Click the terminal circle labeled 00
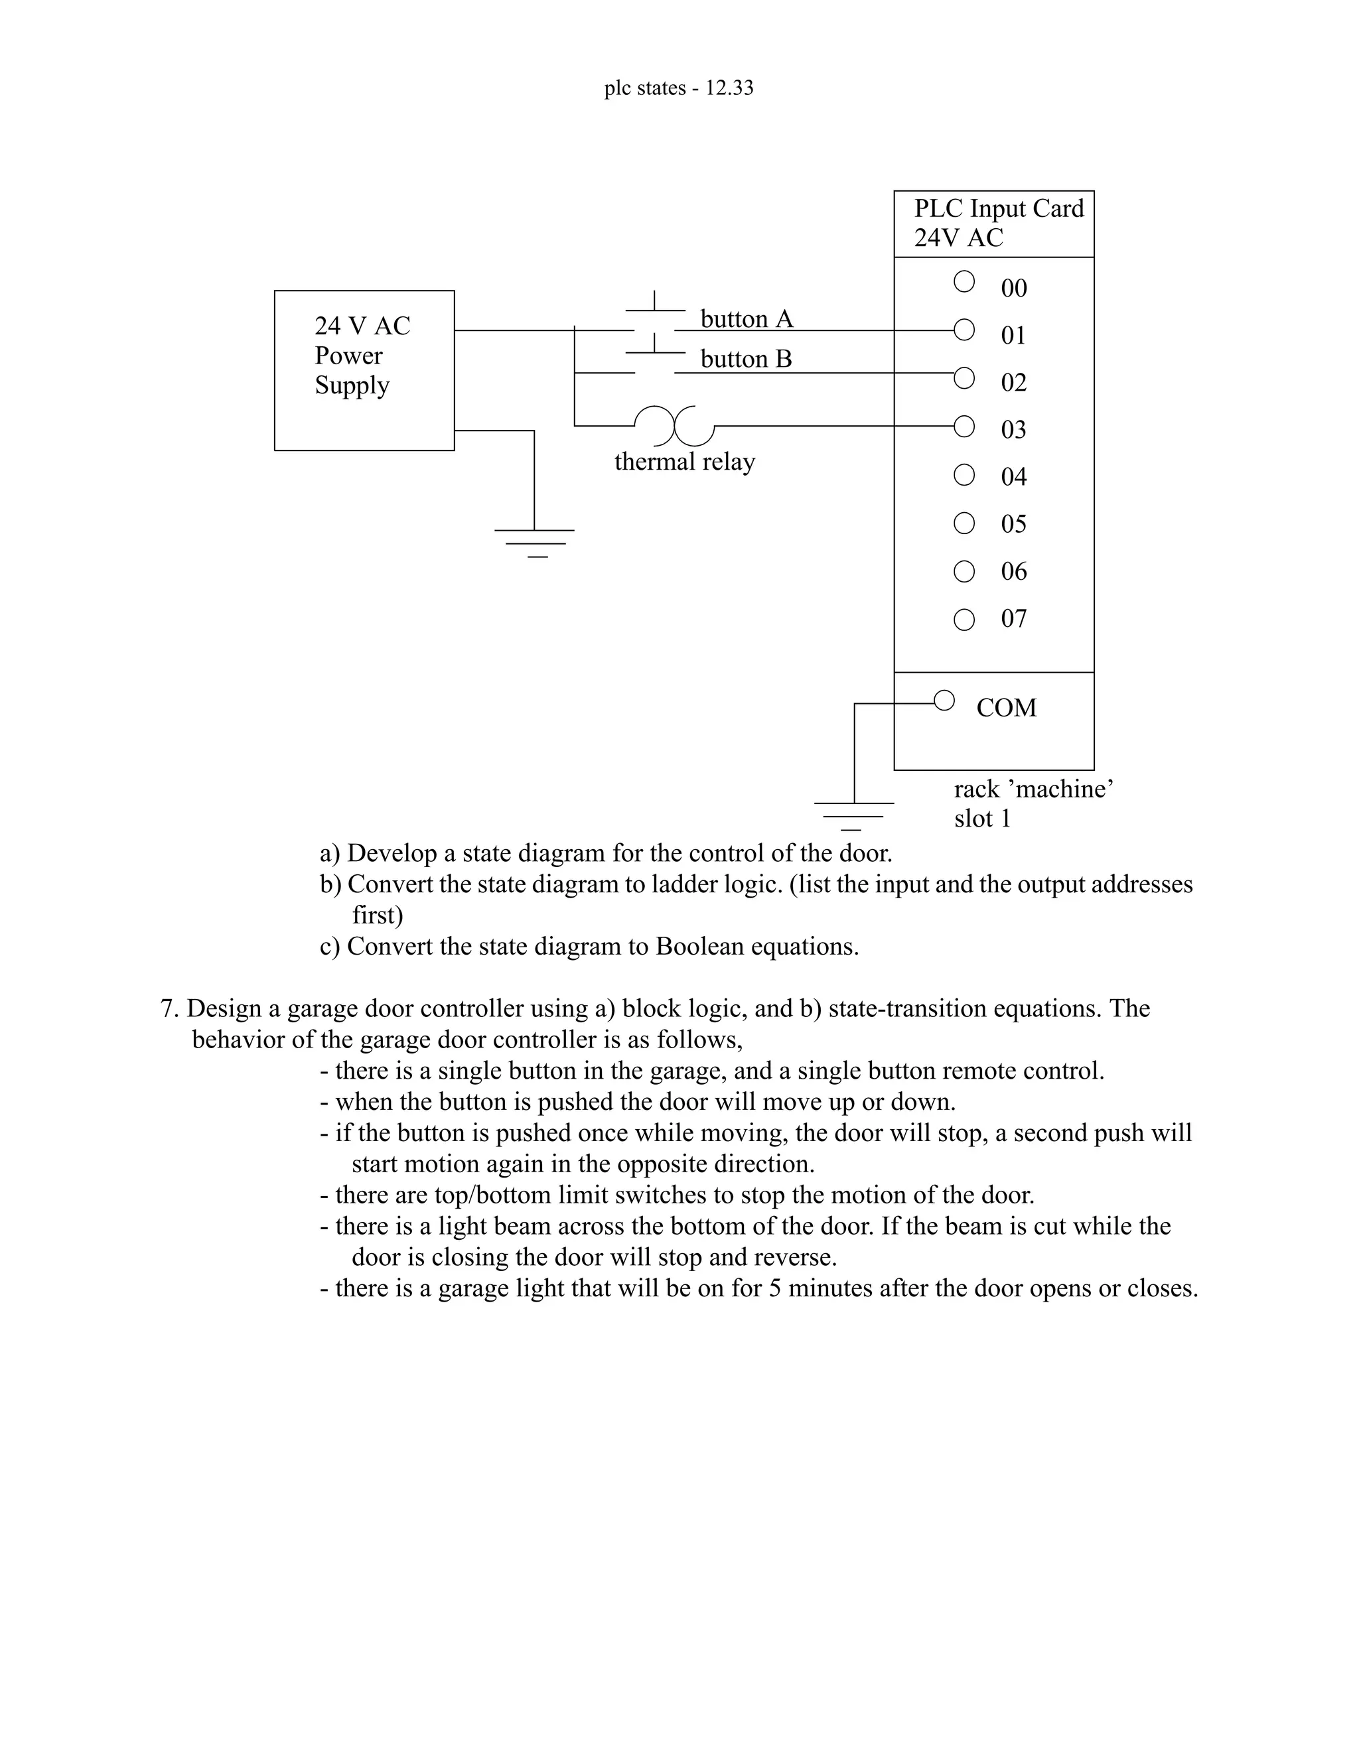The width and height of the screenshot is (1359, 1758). [964, 282]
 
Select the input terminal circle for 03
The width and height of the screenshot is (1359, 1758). [964, 426]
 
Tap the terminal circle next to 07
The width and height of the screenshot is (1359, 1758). [964, 619]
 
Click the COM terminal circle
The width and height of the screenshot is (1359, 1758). [944, 701]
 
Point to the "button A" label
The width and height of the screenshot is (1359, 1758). [747, 320]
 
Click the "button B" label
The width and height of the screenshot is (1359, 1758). [745, 359]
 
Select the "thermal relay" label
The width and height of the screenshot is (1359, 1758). [684, 462]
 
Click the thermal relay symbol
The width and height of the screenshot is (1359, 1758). [675, 425]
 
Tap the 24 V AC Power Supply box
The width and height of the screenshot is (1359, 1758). [364, 370]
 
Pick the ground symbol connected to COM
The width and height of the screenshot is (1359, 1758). [853, 815]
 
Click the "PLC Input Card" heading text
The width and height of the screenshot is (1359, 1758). [998, 208]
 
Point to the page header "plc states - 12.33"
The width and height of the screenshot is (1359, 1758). [679, 88]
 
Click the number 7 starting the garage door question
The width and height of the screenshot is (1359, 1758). [167, 1008]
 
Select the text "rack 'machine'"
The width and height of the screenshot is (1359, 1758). [1034, 789]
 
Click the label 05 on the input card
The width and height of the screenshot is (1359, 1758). [1014, 524]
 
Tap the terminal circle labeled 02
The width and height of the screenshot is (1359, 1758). [964, 377]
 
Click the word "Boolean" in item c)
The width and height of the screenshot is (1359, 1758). [699, 947]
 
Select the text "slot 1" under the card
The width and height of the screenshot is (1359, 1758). [982, 819]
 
